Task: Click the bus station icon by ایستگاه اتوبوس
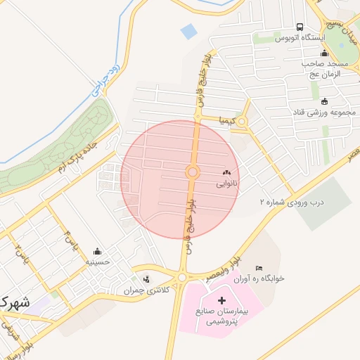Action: click(x=300, y=27)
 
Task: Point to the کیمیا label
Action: click(x=229, y=120)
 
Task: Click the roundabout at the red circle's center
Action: click(x=192, y=172)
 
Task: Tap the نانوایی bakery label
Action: click(x=226, y=184)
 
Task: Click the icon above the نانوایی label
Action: click(x=226, y=172)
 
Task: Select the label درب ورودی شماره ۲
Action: click(x=290, y=202)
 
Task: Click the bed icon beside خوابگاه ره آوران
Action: click(x=259, y=268)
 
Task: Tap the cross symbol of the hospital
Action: click(x=213, y=300)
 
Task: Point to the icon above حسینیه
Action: click(x=97, y=251)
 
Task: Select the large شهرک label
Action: click(x=14, y=303)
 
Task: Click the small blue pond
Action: click(x=188, y=31)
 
